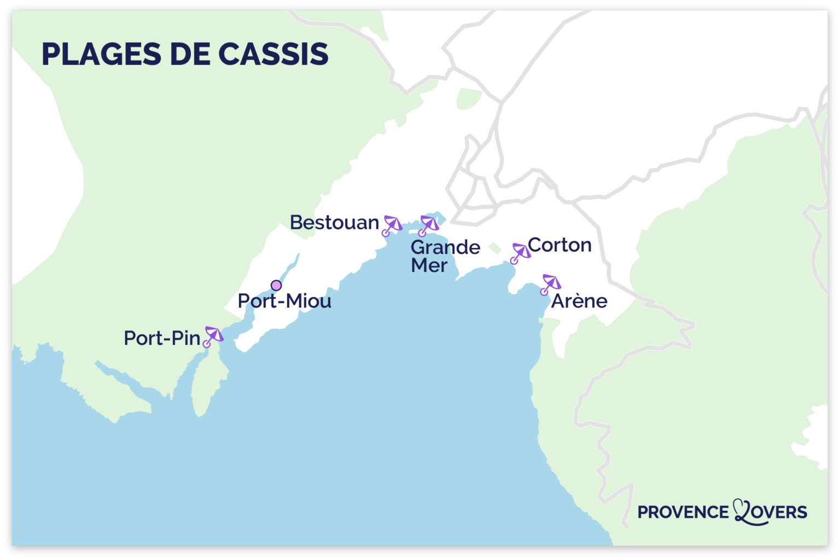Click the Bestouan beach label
click(x=334, y=222)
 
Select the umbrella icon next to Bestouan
click(x=392, y=225)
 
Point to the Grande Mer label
click(x=445, y=256)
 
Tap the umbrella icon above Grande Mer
click(x=428, y=225)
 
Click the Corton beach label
click(x=559, y=245)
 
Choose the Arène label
click(x=579, y=301)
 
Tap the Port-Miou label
click(x=284, y=301)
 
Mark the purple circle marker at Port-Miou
click(x=276, y=285)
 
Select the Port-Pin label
click(x=162, y=338)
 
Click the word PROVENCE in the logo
click(x=683, y=512)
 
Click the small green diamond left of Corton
click(x=494, y=248)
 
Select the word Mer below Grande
click(x=429, y=266)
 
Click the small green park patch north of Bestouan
click(x=468, y=98)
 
